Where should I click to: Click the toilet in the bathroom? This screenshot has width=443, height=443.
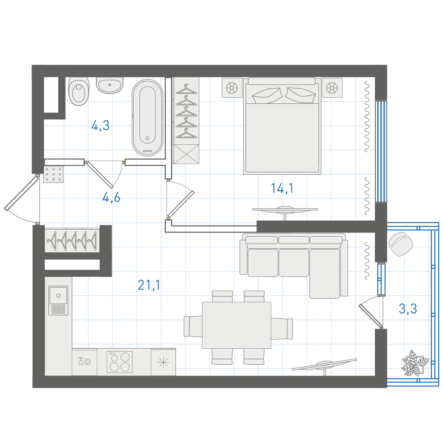(79, 91)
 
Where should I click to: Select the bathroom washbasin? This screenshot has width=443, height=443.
(110, 85)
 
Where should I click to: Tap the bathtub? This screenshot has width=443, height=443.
(148, 118)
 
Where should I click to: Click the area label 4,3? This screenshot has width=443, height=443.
(100, 126)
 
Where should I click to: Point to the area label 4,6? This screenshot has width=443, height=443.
(111, 197)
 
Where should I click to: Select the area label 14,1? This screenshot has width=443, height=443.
(282, 188)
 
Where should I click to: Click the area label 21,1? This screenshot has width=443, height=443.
(149, 285)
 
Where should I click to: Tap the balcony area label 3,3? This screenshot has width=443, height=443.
(408, 308)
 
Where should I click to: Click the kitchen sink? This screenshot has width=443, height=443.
(58, 300)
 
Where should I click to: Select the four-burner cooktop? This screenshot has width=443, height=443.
(119, 362)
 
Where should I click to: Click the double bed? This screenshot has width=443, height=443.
(282, 126)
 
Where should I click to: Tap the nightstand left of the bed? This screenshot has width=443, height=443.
(232, 88)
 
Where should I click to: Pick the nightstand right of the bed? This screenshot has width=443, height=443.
(332, 88)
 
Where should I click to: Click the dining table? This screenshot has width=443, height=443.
(237, 325)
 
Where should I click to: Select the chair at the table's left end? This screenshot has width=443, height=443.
(193, 327)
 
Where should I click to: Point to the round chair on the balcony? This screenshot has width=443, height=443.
(401, 244)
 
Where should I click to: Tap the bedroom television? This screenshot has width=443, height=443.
(285, 210)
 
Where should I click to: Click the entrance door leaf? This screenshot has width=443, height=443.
(22, 194)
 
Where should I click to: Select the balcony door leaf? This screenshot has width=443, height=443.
(371, 316)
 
